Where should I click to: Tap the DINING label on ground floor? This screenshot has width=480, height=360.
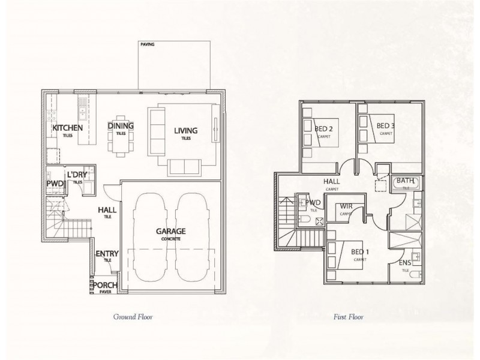(121, 126)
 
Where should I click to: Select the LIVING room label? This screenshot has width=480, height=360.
(186, 131)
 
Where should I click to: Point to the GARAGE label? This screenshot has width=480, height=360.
(171, 231)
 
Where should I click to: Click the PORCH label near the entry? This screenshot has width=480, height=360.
(105, 285)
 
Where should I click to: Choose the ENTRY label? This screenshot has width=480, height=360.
(107, 254)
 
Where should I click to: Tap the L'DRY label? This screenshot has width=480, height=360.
(77, 175)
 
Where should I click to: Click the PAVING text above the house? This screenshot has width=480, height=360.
(148, 44)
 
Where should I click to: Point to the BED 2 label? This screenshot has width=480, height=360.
(323, 128)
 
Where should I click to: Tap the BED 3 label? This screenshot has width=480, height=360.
(386, 125)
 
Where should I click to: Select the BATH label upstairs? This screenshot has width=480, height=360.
(405, 180)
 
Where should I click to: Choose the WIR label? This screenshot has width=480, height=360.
(345, 207)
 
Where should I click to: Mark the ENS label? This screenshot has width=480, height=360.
(405, 263)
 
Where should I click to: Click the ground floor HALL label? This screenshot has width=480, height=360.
(107, 210)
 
